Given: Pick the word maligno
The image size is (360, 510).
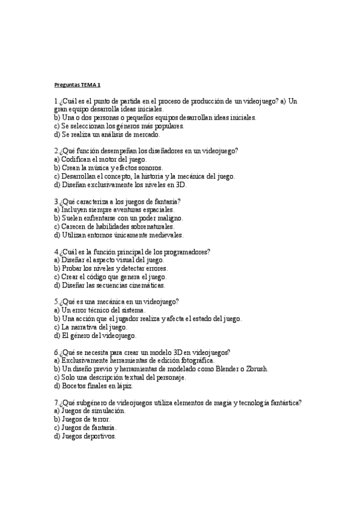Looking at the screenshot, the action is tap(167, 218).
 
